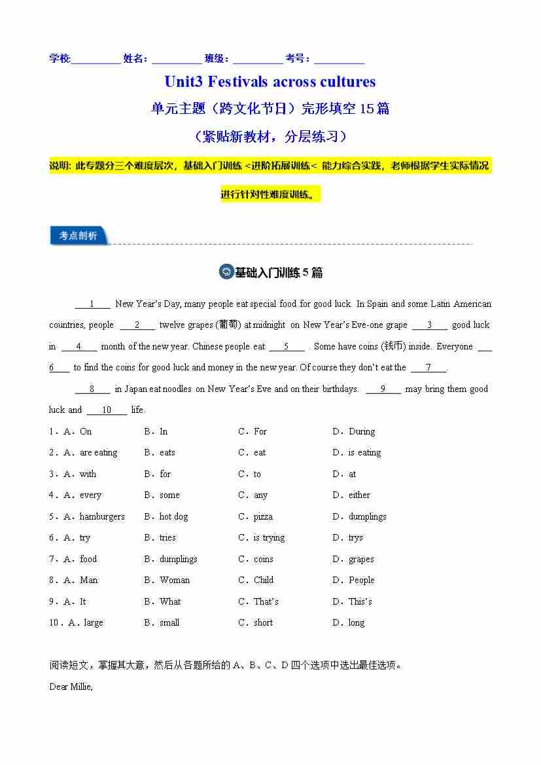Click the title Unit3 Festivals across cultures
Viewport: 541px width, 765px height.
(270, 82)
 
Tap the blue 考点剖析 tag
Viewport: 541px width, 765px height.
(78, 236)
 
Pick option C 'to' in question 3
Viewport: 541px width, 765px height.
(257, 474)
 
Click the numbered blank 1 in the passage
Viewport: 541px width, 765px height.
(92, 304)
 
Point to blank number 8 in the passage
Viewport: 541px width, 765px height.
(92, 389)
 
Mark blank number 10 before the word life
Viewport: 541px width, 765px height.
(107, 410)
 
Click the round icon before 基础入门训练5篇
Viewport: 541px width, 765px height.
(226, 272)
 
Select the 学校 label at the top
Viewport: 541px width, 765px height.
(60, 58)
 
